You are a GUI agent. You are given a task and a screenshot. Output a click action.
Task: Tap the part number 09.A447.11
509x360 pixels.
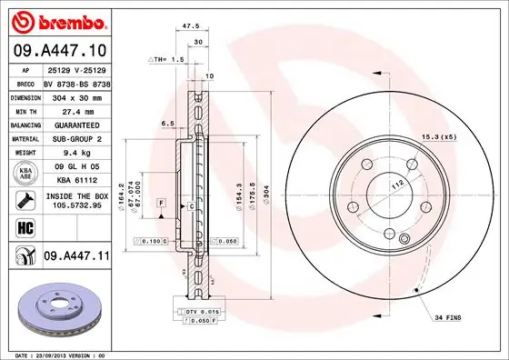pos(75,257)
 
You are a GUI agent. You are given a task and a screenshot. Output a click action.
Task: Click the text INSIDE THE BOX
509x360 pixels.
pos(76,195)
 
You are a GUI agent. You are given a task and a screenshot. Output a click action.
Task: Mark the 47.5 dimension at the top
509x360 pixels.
pos(191,28)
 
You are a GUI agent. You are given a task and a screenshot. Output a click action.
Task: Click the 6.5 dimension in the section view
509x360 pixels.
pos(167,123)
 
